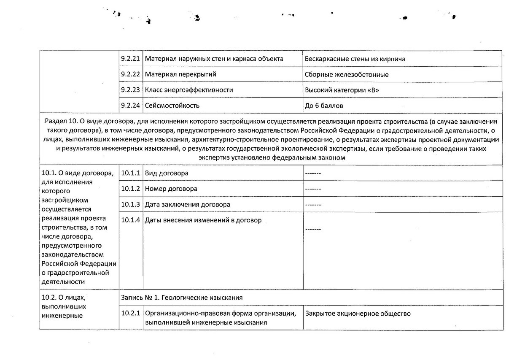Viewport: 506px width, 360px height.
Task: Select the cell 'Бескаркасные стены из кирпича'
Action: click(x=355, y=59)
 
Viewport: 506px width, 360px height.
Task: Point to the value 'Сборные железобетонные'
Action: click(x=346, y=75)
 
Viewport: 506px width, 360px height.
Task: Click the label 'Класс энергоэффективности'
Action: click(x=189, y=90)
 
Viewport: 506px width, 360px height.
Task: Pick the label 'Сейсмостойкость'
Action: click(x=172, y=105)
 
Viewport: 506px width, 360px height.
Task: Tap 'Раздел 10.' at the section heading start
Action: click(x=59, y=122)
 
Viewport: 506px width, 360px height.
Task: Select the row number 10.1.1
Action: click(x=131, y=173)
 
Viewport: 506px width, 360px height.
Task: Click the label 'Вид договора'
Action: click(x=167, y=173)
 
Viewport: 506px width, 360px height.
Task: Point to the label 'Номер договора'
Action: click(x=171, y=189)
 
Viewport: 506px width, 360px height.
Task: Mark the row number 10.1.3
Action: click(x=131, y=204)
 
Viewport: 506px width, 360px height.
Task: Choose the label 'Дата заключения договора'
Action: click(x=187, y=204)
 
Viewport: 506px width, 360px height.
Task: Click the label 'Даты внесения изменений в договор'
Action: click(x=203, y=220)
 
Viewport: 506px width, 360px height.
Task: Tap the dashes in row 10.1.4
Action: click(x=313, y=229)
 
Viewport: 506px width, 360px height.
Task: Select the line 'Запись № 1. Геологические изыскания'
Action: click(x=182, y=298)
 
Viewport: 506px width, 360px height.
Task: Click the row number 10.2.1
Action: click(x=131, y=314)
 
